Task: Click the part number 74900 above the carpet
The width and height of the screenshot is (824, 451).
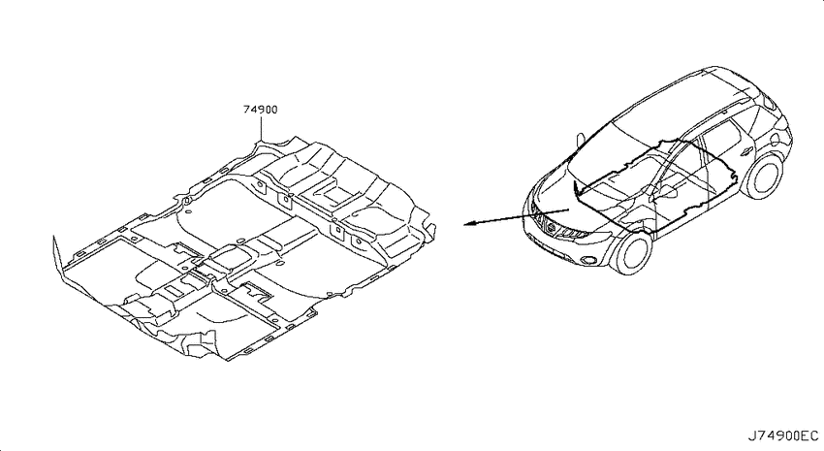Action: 261,110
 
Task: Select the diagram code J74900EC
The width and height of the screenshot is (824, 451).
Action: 783,435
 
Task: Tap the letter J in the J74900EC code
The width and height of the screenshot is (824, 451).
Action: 751,435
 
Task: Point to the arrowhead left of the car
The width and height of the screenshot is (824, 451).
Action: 470,224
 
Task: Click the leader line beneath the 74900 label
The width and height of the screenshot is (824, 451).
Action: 261,129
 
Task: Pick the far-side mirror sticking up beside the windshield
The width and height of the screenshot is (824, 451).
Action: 580,139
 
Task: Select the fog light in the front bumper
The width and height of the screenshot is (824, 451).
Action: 587,259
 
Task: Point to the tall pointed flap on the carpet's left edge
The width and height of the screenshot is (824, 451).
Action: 56,256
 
